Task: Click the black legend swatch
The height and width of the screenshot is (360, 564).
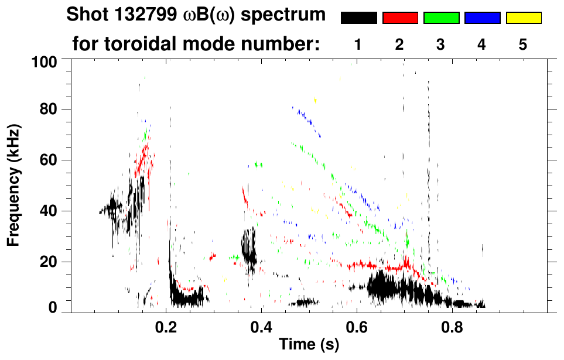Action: pyautogui.click(x=358, y=18)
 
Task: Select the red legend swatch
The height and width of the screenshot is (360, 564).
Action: pyautogui.click(x=400, y=18)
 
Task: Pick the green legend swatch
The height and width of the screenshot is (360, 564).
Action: pyautogui.click(x=441, y=18)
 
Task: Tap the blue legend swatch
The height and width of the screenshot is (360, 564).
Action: pyautogui.click(x=482, y=18)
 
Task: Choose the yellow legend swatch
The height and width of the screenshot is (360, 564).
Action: pyautogui.click(x=523, y=18)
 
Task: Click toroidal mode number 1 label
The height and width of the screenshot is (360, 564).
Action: pyautogui.click(x=358, y=44)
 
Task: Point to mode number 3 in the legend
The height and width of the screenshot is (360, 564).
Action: pyautogui.click(x=441, y=44)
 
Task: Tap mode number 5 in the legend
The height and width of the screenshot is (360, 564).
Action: pyautogui.click(x=523, y=44)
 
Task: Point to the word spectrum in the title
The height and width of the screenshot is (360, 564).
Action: pyautogui.click(x=291, y=15)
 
